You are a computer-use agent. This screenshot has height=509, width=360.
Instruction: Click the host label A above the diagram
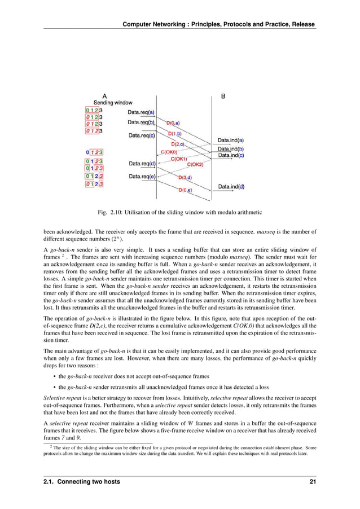(x=104, y=96)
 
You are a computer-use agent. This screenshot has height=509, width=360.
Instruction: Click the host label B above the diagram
(x=223, y=96)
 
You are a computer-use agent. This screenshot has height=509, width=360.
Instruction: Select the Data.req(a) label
(x=142, y=112)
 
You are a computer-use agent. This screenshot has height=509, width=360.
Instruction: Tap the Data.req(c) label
(x=142, y=135)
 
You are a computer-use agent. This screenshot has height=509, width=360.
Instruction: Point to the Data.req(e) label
(x=142, y=177)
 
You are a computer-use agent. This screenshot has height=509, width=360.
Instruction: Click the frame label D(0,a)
(x=173, y=122)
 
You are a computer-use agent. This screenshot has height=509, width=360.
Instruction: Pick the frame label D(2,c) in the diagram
(x=179, y=144)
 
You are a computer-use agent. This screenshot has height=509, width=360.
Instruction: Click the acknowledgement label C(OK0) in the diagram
(x=169, y=152)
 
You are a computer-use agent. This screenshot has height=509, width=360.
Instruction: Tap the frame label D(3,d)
(x=185, y=178)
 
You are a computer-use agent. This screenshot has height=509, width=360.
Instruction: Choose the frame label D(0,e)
(x=185, y=190)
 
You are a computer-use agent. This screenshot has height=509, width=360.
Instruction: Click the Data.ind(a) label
(x=231, y=140)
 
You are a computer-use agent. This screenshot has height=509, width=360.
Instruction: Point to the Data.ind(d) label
(x=231, y=186)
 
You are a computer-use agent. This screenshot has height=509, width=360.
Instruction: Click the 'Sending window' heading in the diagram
(x=113, y=103)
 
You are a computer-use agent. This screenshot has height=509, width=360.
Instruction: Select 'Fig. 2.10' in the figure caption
(x=111, y=212)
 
